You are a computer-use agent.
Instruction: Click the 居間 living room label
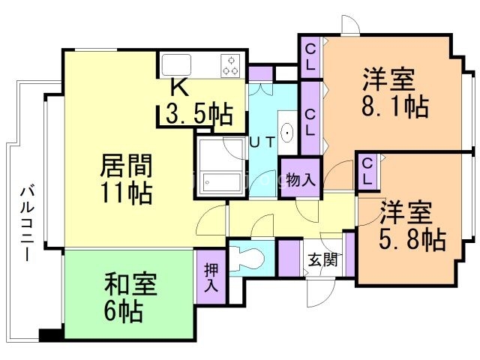tap(126, 166)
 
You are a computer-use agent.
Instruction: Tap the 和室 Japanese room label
tap(131, 285)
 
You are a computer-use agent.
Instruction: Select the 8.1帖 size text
tap(395, 106)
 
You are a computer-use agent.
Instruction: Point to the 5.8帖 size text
tap(412, 239)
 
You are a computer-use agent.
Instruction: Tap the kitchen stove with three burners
tap(230, 65)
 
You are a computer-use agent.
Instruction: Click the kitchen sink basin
tap(176, 64)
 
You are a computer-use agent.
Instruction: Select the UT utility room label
tap(262, 142)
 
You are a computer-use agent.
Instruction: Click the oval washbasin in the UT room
tap(287, 133)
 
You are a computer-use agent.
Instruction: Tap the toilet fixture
tap(247, 259)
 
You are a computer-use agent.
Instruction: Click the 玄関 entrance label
tap(323, 260)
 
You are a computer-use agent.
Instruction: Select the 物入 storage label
tap(301, 180)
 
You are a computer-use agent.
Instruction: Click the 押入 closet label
tap(211, 277)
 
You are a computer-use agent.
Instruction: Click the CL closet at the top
tap(310, 57)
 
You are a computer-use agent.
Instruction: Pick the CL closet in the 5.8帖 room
tap(367, 172)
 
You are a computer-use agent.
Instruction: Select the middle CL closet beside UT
tap(310, 118)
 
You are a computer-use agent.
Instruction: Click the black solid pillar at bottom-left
tap(51, 334)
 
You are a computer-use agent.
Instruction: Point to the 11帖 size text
tap(127, 193)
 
